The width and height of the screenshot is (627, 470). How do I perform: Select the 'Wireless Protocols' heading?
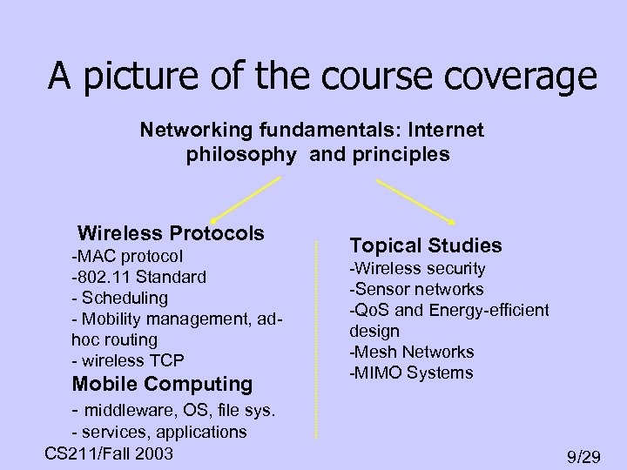click(171, 233)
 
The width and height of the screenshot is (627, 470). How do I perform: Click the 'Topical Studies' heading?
click(426, 246)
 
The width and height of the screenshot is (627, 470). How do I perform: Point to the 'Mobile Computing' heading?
click(162, 384)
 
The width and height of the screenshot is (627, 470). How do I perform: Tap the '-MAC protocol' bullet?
click(127, 257)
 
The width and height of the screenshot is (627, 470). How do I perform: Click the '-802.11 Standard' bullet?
click(139, 278)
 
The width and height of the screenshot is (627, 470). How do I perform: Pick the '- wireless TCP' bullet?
click(129, 360)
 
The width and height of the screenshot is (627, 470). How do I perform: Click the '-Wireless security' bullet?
click(417, 269)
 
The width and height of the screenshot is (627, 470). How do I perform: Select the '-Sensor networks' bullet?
click(416, 290)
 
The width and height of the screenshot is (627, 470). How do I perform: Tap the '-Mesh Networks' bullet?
click(412, 352)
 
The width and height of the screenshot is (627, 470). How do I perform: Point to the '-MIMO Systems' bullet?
click(411, 373)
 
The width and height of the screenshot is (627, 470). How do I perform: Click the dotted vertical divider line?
click(314, 339)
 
